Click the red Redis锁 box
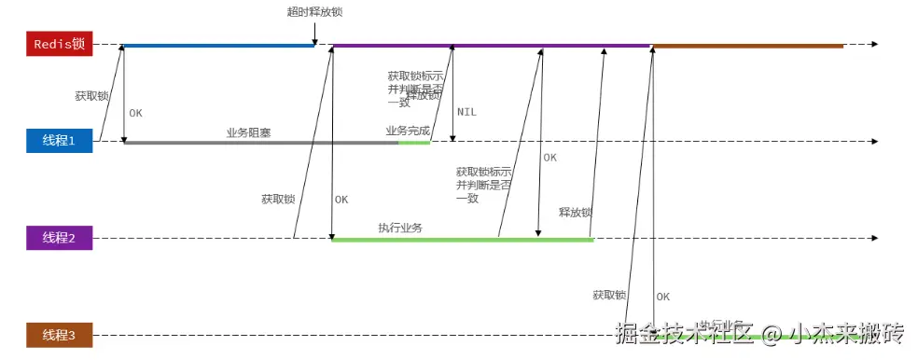59,44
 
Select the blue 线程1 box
59,141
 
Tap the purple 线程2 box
59,238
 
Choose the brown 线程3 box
59,335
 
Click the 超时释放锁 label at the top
314,12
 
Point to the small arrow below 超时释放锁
315,35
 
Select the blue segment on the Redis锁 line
218,45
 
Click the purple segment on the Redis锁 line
491,45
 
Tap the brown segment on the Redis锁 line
747,45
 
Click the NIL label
466,112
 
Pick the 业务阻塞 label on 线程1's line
248,132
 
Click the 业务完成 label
408,131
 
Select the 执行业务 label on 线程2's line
400,228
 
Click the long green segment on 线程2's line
462,240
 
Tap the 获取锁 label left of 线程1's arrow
92,95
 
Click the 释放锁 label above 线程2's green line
575,212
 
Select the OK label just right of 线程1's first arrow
136,113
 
